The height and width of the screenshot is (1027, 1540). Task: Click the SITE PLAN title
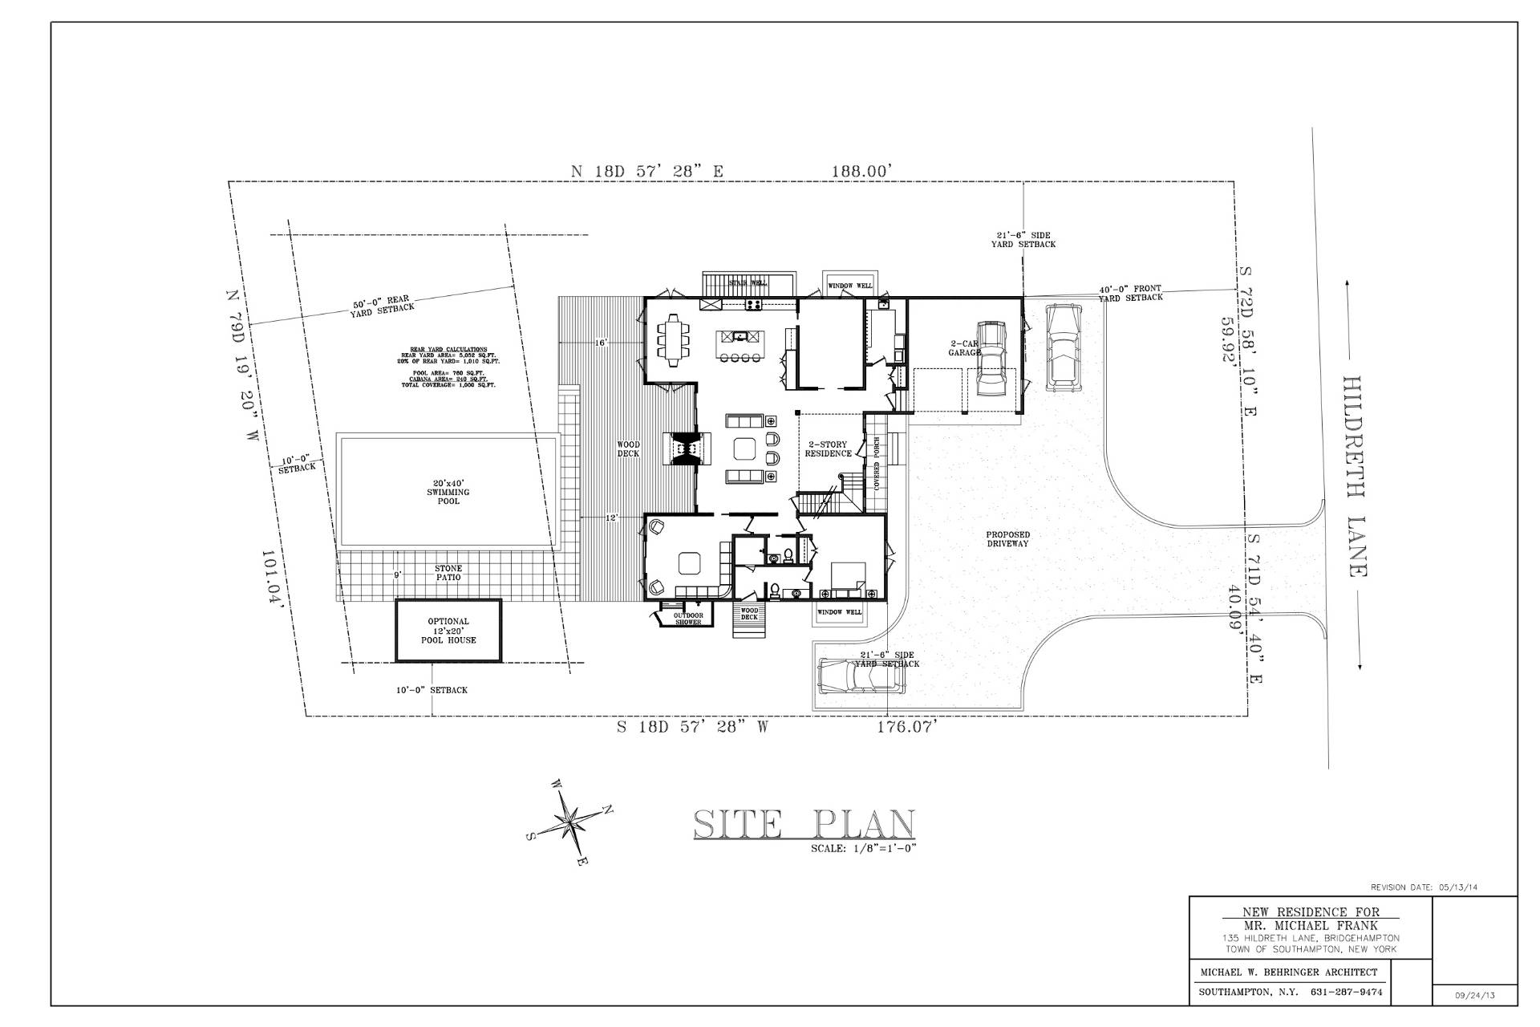pyautogui.click(x=804, y=825)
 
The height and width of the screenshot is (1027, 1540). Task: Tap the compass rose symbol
pyautogui.click(x=569, y=822)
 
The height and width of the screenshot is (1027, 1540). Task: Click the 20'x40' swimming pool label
pyautogui.click(x=448, y=492)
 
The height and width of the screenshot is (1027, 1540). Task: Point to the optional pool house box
pyautogui.click(x=448, y=631)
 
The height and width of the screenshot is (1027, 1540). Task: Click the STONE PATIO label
pyautogui.click(x=448, y=573)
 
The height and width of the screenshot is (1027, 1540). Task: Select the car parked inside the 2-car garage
pyautogui.click(x=991, y=359)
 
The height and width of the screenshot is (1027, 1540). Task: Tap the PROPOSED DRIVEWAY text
pyautogui.click(x=1008, y=539)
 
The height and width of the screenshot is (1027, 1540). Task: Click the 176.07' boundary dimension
pyautogui.click(x=907, y=728)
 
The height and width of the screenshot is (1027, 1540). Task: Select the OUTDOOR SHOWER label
pyautogui.click(x=688, y=619)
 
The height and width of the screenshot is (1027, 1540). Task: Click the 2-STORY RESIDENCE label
pyautogui.click(x=828, y=449)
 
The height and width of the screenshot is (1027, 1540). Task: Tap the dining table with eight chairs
pyautogui.click(x=671, y=339)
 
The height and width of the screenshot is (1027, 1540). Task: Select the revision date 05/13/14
pyautogui.click(x=1424, y=888)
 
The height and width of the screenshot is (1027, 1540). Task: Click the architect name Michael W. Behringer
pyautogui.click(x=1288, y=972)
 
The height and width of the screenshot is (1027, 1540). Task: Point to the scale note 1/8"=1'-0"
pyautogui.click(x=863, y=848)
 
